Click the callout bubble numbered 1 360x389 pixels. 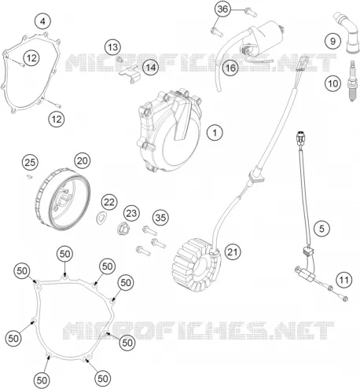pos(215,133)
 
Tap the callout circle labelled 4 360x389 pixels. pos(42,21)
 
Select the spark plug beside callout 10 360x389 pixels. pos(352,80)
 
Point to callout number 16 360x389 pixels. pos(230,68)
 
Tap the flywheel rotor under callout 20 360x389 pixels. pos(62,200)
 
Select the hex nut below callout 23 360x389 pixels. pos(123,229)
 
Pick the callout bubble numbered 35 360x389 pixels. pos(160,218)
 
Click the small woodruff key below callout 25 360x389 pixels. pos(30,177)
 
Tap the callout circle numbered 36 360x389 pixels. pos(222,9)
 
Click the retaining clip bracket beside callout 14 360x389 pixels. pos(130,75)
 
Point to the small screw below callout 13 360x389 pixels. pos(119,60)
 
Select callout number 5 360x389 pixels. pos(321,229)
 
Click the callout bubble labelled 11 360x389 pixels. pos(343,281)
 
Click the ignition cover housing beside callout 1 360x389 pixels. pos(170,130)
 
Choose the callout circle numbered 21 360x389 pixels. pos(233,252)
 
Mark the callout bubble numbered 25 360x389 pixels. pos(30,163)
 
